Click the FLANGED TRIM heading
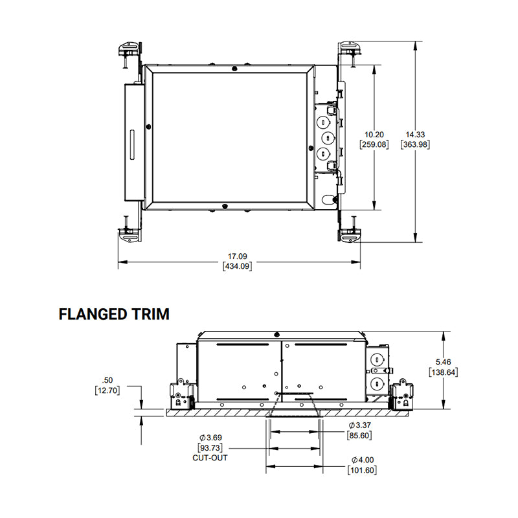click(x=114, y=314)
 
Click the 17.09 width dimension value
click(x=238, y=256)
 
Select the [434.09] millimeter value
click(x=238, y=266)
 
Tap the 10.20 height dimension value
click(x=374, y=135)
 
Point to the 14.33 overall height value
click(x=415, y=135)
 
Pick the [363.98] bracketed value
click(x=415, y=144)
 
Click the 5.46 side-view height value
click(x=444, y=362)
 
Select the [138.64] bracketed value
click(x=444, y=372)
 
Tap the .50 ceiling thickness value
click(x=107, y=380)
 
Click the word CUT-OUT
click(x=210, y=458)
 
